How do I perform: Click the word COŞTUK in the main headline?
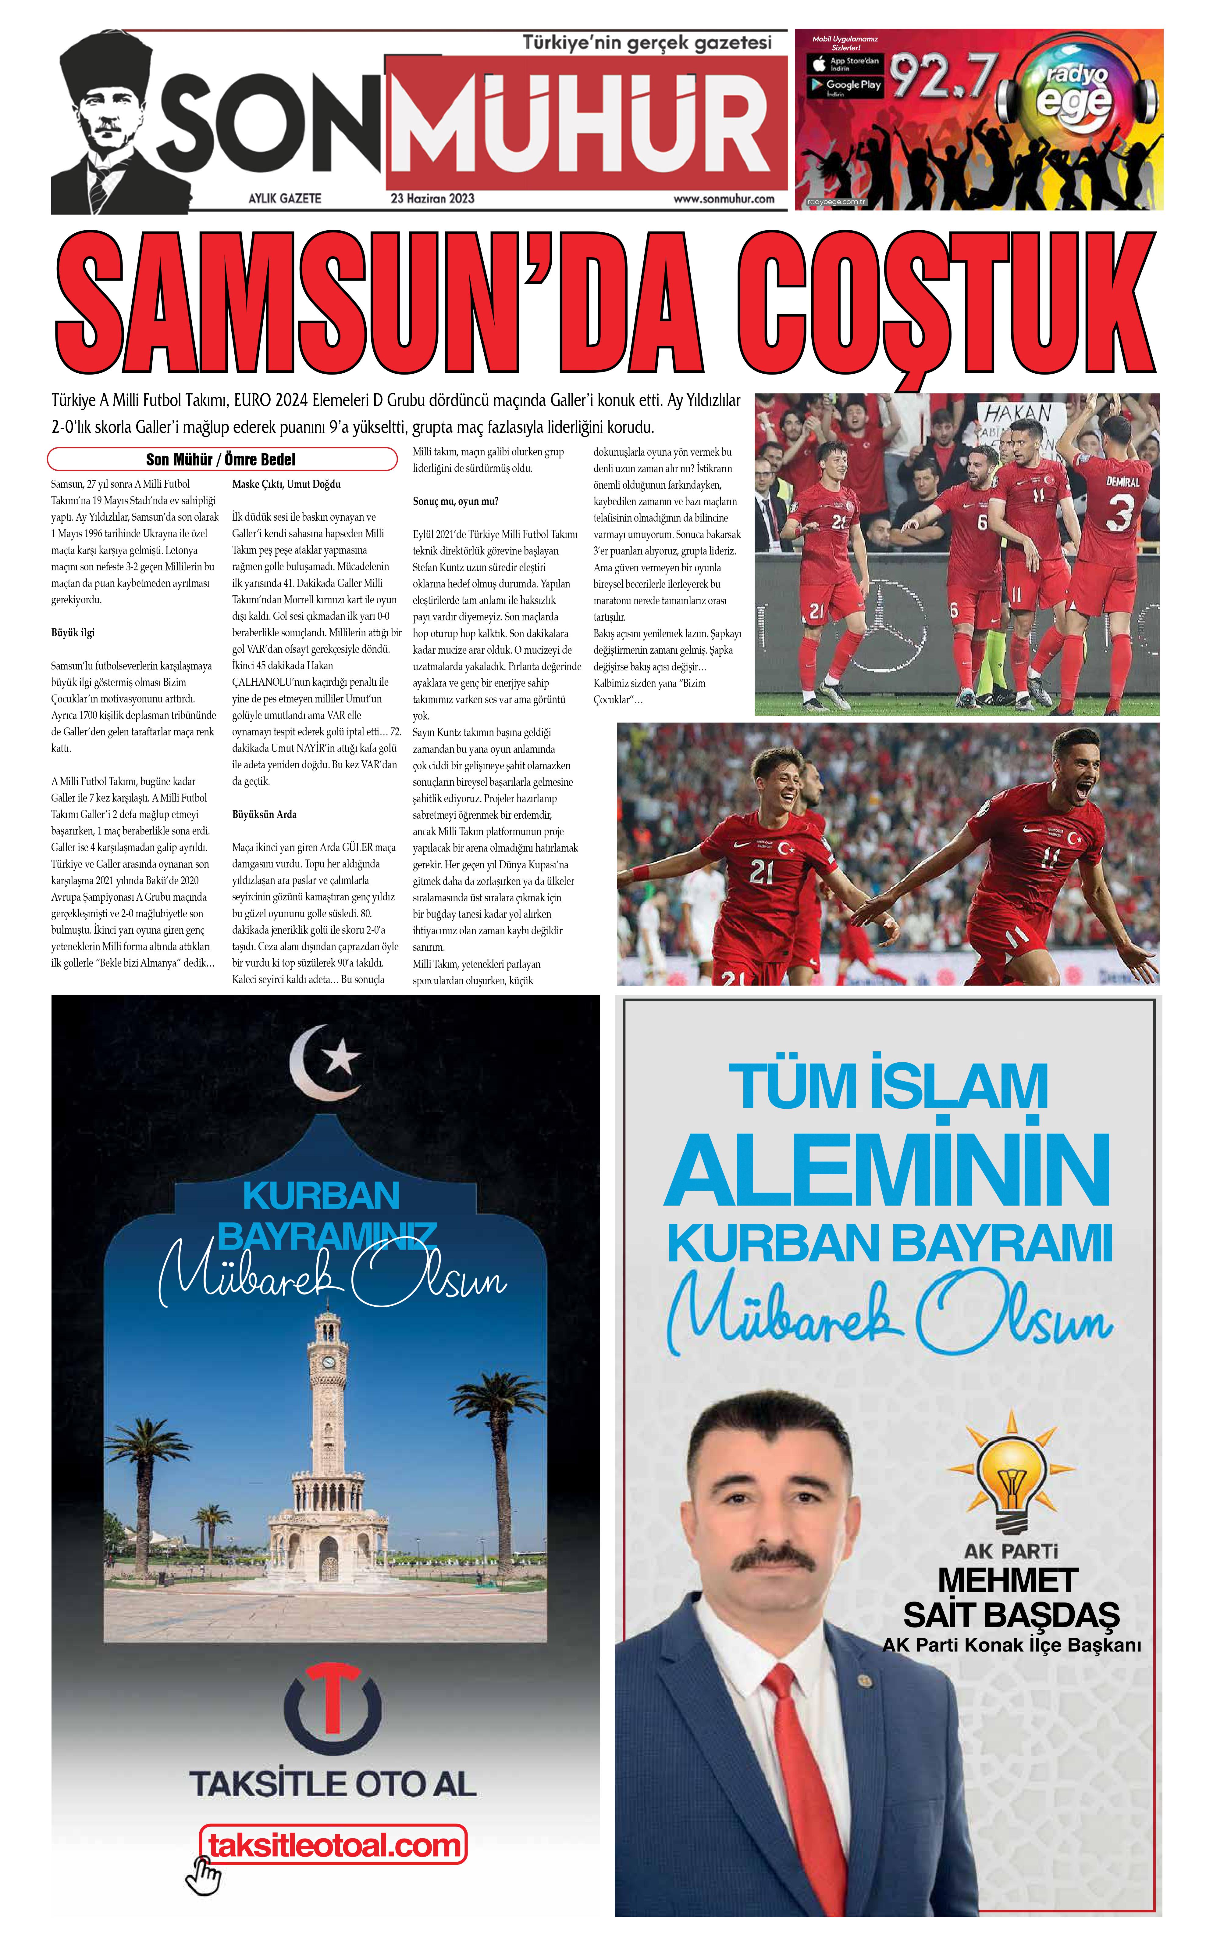pos(945,303)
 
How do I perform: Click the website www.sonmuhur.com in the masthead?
pos(724,199)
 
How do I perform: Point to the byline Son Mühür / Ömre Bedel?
pos(221,459)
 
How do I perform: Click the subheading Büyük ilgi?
pos(73,633)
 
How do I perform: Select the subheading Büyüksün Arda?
pos(264,815)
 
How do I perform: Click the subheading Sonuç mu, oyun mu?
pos(455,501)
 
